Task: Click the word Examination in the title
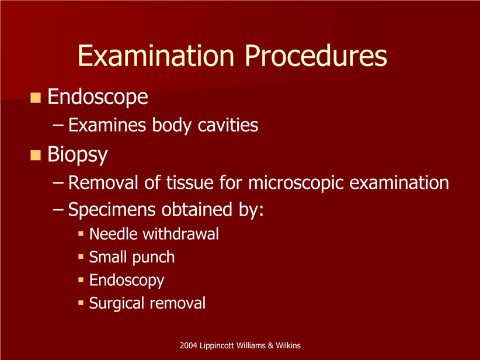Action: (x=156, y=56)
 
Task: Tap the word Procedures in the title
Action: (x=316, y=56)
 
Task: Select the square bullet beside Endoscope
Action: (x=36, y=98)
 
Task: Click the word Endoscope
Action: (x=98, y=97)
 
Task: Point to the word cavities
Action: (x=228, y=125)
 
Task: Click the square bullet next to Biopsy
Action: (x=36, y=155)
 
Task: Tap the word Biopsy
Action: (x=78, y=155)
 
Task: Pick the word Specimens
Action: (x=112, y=210)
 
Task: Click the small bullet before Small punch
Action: (x=81, y=257)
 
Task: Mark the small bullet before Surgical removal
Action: (x=81, y=303)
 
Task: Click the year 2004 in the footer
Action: (x=188, y=345)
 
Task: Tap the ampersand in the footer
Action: (x=270, y=345)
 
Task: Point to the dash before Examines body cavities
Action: (x=58, y=125)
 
